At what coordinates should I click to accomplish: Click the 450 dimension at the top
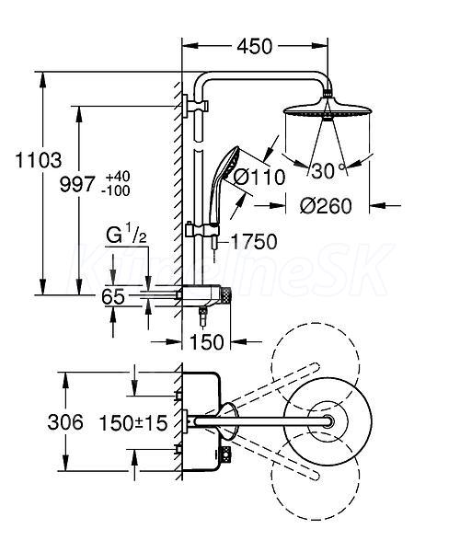[255, 46]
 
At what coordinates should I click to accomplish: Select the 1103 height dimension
[39, 160]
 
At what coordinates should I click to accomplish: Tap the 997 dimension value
[77, 184]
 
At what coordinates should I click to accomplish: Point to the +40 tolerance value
[115, 176]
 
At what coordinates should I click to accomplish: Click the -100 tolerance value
[115, 190]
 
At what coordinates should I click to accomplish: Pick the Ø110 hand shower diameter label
[259, 177]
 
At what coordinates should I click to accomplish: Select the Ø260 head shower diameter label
[326, 206]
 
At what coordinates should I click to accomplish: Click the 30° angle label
[328, 171]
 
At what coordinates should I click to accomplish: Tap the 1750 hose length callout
[254, 241]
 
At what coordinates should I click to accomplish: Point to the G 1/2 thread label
[126, 235]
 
